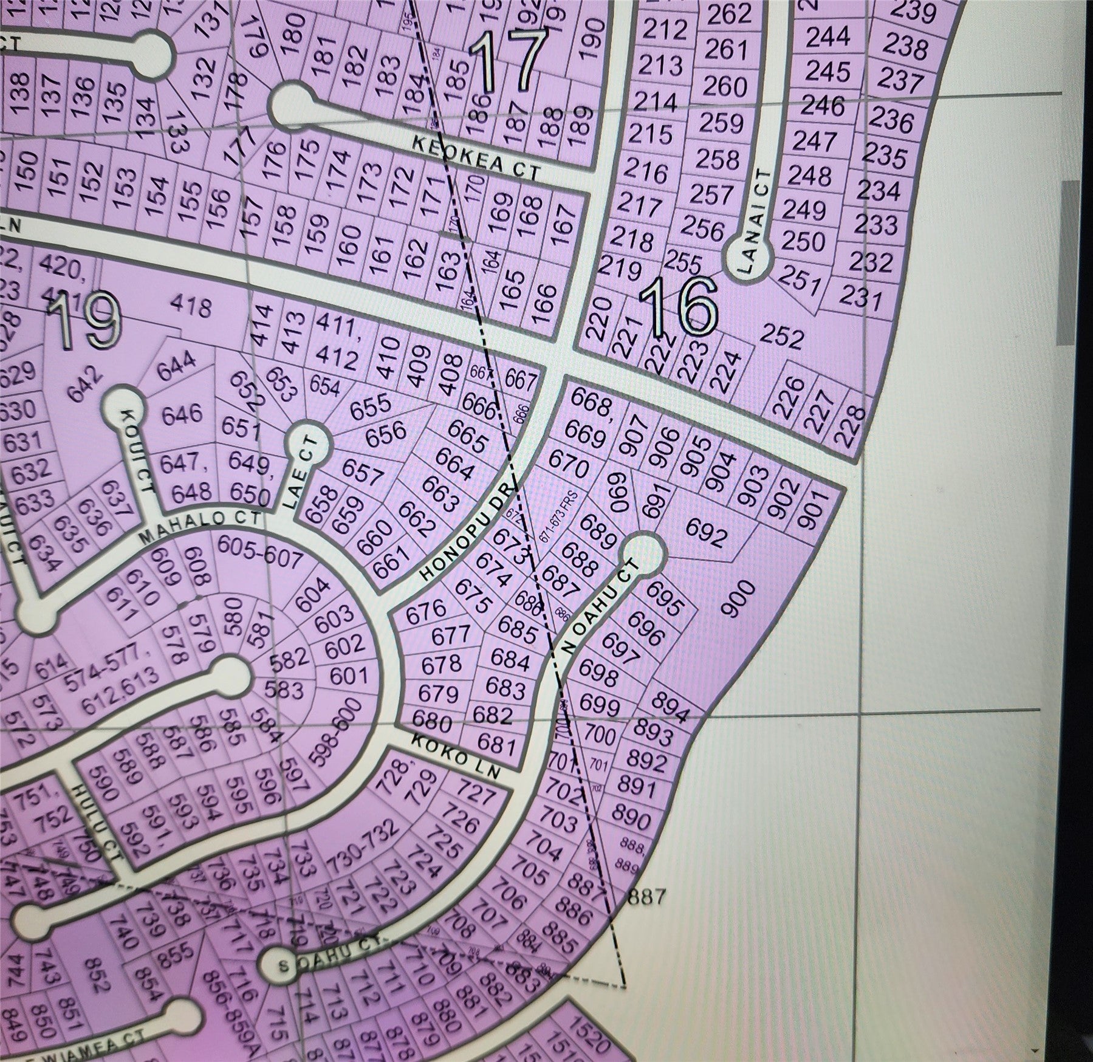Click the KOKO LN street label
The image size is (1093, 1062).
pos(455,756)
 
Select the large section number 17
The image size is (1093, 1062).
pos(508,61)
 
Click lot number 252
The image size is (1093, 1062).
pos(781,338)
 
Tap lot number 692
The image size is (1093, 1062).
pos(706,533)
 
